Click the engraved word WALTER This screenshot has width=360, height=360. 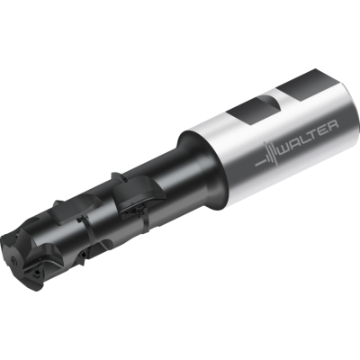309,135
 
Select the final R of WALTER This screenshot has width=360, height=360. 334,124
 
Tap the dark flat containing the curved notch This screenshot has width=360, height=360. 253,111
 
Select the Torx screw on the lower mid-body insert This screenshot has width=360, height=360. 83,256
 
